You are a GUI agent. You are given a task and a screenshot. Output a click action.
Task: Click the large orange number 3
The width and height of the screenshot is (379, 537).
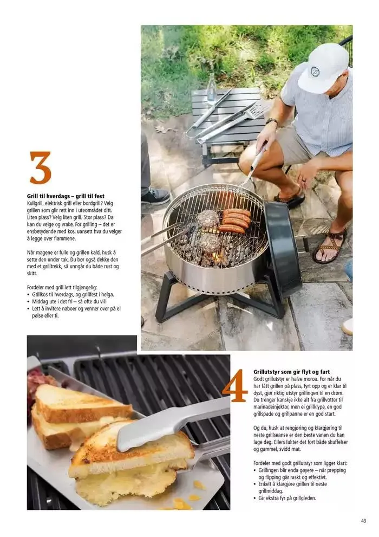pos(41,167)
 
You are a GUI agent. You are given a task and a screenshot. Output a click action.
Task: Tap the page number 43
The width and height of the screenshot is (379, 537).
pos(363,521)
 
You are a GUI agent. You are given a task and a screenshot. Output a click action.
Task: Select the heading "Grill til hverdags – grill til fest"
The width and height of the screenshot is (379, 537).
pos(66,196)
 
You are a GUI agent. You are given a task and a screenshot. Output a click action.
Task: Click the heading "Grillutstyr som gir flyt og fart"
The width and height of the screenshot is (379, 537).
pos(291,372)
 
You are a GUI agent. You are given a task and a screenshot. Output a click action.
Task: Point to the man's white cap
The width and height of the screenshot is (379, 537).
pos(322,68)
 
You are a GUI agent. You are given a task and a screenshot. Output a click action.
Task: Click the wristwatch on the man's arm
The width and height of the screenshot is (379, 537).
pos(272,121)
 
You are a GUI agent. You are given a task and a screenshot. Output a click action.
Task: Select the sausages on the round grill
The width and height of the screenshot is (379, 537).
pos(235,220)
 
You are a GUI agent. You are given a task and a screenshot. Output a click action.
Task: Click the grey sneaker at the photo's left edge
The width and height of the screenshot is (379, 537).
pos(155,196)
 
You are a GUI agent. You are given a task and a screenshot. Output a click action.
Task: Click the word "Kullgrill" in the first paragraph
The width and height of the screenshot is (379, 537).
pos(35,203)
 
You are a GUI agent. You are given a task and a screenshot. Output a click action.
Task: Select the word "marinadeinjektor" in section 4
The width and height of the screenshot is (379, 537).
pos(270,407)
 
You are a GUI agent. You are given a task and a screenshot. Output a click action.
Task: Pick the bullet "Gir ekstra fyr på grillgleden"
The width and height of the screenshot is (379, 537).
pos(285,499)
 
